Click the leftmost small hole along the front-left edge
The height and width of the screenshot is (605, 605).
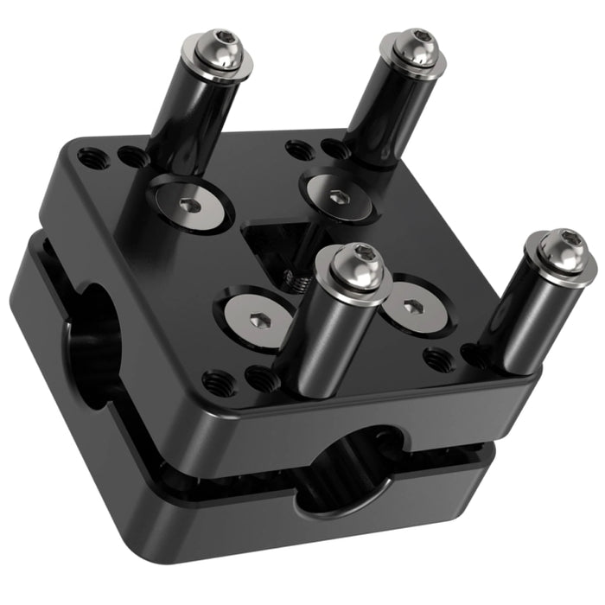(x=213, y=379)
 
